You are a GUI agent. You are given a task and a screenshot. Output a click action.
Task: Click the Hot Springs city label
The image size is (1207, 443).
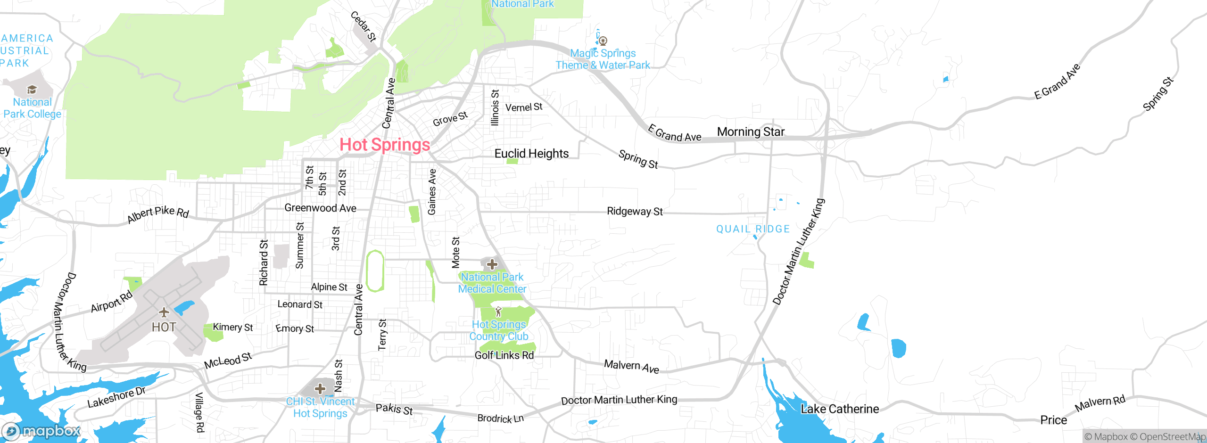pyautogui.click(x=385, y=145)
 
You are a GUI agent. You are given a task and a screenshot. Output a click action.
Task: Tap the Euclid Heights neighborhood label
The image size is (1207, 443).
pyautogui.click(x=531, y=154)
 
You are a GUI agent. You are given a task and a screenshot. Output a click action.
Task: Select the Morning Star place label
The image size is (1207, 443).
pyautogui.click(x=751, y=132)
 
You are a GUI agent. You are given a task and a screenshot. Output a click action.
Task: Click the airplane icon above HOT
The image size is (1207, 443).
pyautogui.click(x=164, y=312)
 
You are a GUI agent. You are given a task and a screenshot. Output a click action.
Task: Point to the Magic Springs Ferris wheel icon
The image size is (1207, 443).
pyautogui.click(x=603, y=41)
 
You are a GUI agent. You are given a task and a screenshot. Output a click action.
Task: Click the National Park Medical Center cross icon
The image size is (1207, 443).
pyautogui.click(x=492, y=264)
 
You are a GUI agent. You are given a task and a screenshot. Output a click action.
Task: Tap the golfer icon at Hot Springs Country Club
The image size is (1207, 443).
pyautogui.click(x=498, y=312)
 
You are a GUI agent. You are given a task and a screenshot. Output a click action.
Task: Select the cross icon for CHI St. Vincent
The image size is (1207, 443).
pyautogui.click(x=320, y=389)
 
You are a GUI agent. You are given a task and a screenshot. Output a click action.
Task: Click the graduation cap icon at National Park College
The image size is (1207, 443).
pyautogui.click(x=32, y=90)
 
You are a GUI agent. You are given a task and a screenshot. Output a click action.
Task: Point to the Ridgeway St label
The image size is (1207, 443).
pyautogui.click(x=635, y=212)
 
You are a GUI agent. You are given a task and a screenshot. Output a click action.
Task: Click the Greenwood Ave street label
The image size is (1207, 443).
pyautogui.click(x=320, y=208)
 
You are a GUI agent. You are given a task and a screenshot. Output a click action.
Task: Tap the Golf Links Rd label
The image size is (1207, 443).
pyautogui.click(x=504, y=355)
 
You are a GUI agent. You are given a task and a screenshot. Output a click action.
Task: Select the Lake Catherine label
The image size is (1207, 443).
pyautogui.click(x=840, y=409)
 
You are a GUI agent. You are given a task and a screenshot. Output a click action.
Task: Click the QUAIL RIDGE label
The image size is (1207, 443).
pyautogui.click(x=753, y=230)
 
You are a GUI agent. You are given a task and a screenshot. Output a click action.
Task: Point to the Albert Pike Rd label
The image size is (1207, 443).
pyautogui.click(x=158, y=214)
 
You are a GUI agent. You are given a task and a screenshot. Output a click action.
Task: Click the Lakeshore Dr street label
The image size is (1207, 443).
pyautogui.click(x=116, y=398)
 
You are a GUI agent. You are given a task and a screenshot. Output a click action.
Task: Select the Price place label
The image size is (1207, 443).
pyautogui.click(x=1053, y=420)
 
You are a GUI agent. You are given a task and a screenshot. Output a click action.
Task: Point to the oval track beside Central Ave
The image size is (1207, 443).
pyautogui.click(x=375, y=271)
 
